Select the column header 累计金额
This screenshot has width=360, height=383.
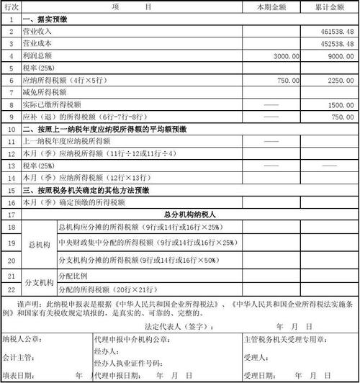tap(330, 6)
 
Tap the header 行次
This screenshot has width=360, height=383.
tap(12, 6)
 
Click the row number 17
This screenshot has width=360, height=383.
tap(12, 215)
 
